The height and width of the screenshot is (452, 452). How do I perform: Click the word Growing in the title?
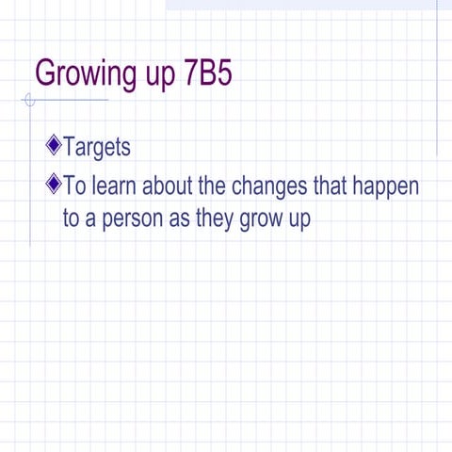pyautogui.click(x=78, y=73)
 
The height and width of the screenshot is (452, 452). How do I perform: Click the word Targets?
pyautogui.click(x=96, y=148)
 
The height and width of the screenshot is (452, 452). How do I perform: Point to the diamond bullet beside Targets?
pyautogui.click(x=53, y=146)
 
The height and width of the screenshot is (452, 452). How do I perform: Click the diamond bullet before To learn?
pyautogui.click(x=53, y=182)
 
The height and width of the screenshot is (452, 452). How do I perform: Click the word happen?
pyautogui.click(x=386, y=186)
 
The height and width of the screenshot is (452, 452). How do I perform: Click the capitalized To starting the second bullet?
pyautogui.click(x=73, y=184)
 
